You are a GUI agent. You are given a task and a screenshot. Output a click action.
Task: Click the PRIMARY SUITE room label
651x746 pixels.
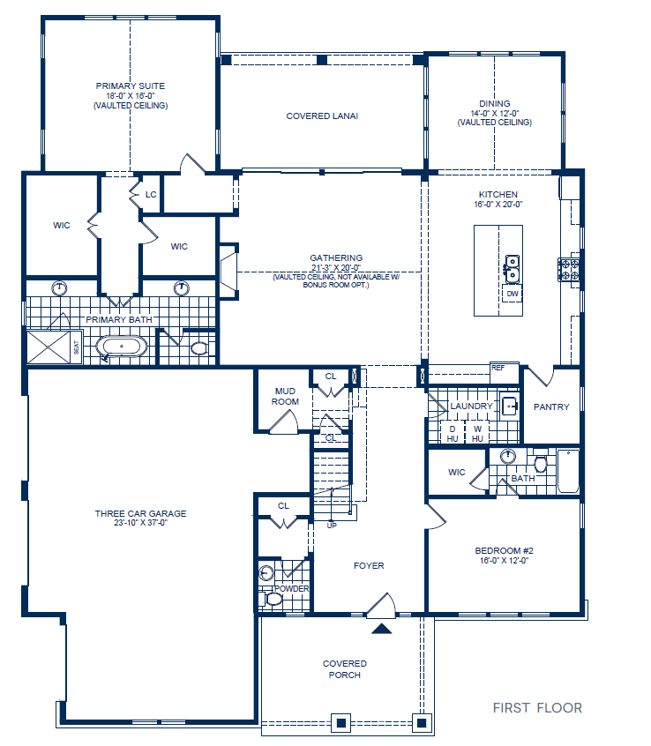(x=131, y=86)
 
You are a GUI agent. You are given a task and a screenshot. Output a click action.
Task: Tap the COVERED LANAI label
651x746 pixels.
(x=322, y=116)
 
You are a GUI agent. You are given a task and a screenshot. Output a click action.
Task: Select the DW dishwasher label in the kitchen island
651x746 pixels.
(x=512, y=294)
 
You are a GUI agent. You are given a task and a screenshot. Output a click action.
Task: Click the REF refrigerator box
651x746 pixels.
(x=498, y=368)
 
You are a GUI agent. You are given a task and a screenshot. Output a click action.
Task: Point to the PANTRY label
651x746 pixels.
(x=552, y=407)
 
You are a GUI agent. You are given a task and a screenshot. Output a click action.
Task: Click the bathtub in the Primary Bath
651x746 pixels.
(x=121, y=346)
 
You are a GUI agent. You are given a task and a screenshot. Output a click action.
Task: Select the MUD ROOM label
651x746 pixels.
(x=286, y=396)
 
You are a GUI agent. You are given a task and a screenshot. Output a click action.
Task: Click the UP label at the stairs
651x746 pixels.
(x=332, y=526)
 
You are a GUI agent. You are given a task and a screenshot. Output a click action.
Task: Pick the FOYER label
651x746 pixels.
(x=369, y=566)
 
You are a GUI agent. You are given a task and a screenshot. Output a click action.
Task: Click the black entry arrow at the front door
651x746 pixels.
(x=381, y=629)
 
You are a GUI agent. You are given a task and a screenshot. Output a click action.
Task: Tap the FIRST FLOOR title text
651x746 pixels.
(x=537, y=708)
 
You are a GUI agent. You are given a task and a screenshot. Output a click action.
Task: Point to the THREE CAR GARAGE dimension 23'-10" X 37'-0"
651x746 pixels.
(x=141, y=523)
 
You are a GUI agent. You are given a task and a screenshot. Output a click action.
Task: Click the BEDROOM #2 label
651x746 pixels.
(x=504, y=550)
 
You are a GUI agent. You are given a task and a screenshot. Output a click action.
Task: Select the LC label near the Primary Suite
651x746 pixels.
(x=151, y=195)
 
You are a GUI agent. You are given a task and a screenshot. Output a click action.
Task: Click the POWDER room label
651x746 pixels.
(x=291, y=588)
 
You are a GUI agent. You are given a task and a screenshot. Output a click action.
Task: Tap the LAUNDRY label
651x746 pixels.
(x=471, y=407)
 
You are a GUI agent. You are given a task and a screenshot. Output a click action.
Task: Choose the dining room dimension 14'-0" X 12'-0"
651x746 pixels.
(x=495, y=113)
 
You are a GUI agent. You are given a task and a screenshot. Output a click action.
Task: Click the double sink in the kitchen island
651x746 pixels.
(x=511, y=263)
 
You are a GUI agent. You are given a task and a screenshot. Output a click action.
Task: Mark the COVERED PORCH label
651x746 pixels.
(x=345, y=669)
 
